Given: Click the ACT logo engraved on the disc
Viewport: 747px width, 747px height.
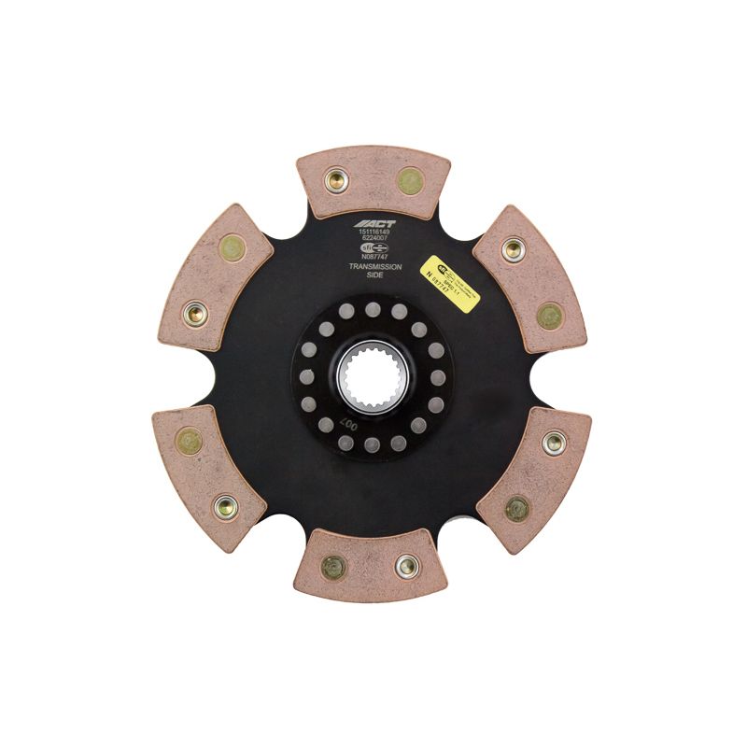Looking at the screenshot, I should (373, 225).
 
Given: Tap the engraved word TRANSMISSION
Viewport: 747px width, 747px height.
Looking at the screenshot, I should (373, 267).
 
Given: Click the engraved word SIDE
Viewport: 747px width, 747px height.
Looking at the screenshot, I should (373, 276).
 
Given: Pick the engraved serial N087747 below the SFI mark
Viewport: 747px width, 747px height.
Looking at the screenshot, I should (373, 259).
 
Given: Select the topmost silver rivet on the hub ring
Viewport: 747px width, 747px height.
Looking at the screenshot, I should (372, 308).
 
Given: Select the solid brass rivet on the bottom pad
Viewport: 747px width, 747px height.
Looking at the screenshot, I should (332, 567).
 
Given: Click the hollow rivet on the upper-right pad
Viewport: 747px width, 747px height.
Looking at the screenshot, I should (512, 248).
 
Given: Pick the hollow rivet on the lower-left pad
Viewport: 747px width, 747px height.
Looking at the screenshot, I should (224, 507).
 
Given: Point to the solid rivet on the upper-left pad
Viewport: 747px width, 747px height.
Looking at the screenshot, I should (230, 247).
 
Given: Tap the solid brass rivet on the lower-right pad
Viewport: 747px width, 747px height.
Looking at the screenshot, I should (515, 509).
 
